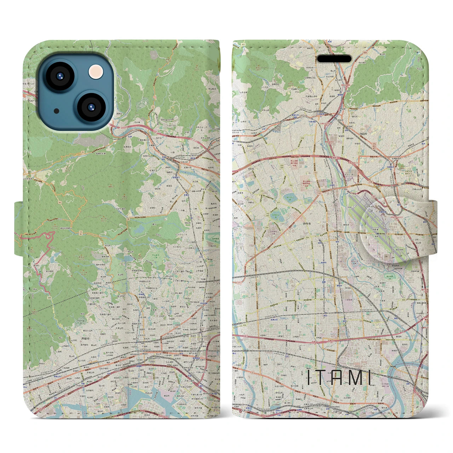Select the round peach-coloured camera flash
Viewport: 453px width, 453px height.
coord(96,72)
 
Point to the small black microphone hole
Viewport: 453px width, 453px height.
coord(57,111)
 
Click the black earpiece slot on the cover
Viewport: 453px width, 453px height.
coord(334,59)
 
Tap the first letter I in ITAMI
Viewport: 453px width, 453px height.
coord(309,377)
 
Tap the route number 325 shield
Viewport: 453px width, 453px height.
coord(243,44)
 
